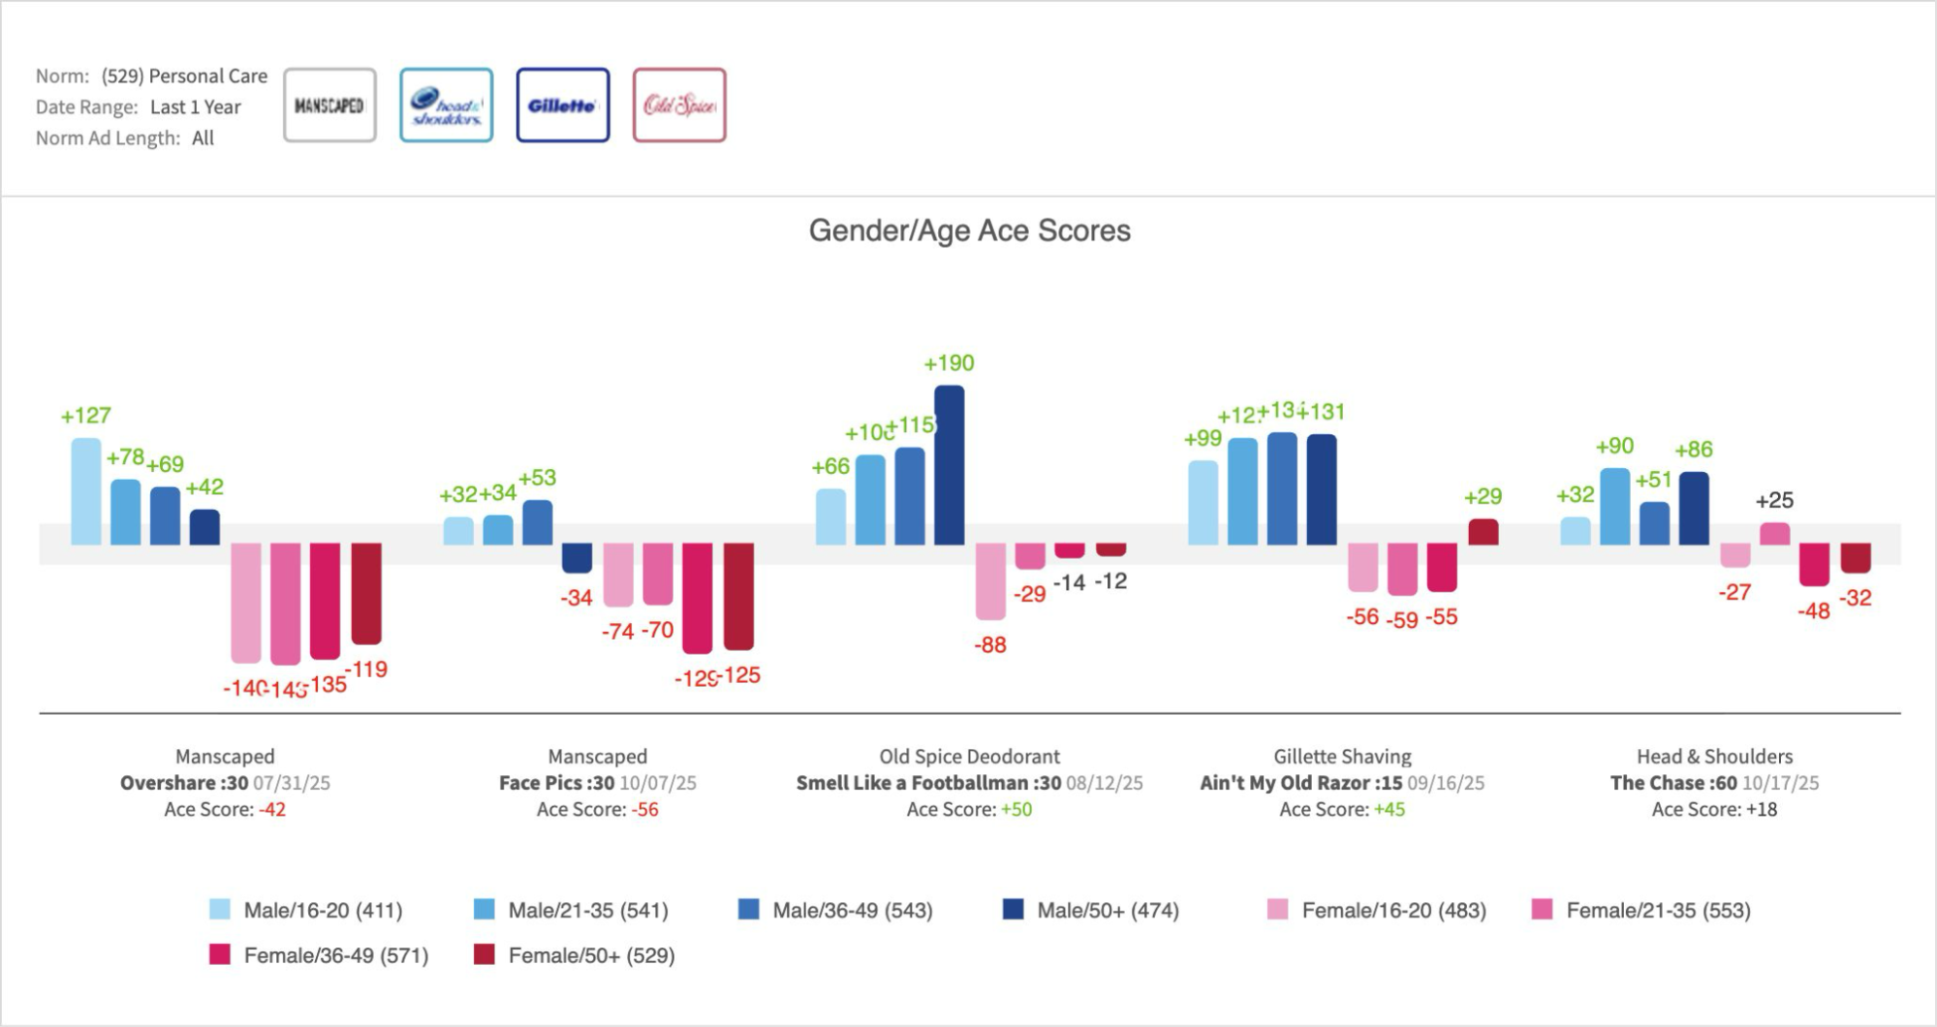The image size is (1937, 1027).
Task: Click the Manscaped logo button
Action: point(329,106)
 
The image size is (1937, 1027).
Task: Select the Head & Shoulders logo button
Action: point(446,106)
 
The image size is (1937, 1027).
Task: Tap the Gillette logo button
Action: point(562,106)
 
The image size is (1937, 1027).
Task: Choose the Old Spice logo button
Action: point(679,106)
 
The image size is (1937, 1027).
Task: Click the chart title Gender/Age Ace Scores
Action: point(969,231)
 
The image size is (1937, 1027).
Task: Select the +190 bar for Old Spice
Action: point(949,464)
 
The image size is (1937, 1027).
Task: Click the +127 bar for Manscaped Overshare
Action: point(85,490)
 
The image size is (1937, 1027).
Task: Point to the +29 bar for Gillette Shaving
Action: point(1483,532)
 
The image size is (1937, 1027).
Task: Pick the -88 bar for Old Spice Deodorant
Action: point(990,580)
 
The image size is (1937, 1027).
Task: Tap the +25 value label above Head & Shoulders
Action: point(1774,501)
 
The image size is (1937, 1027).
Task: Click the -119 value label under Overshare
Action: point(367,669)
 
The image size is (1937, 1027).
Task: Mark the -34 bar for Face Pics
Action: point(577,558)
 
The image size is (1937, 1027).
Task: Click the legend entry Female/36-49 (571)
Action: point(320,955)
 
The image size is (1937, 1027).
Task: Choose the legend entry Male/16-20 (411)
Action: point(306,911)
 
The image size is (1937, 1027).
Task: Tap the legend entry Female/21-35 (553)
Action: point(1641,911)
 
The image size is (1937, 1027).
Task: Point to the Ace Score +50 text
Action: point(1016,809)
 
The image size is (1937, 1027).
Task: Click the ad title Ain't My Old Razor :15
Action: point(1300,783)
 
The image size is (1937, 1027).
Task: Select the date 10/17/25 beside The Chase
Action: point(1780,783)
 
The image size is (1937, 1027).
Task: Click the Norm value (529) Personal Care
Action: point(184,76)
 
